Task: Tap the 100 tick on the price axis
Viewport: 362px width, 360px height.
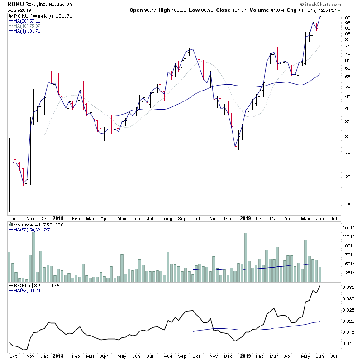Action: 347,18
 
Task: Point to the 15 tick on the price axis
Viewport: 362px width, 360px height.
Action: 347,205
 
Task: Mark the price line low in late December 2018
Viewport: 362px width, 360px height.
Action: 236,147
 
